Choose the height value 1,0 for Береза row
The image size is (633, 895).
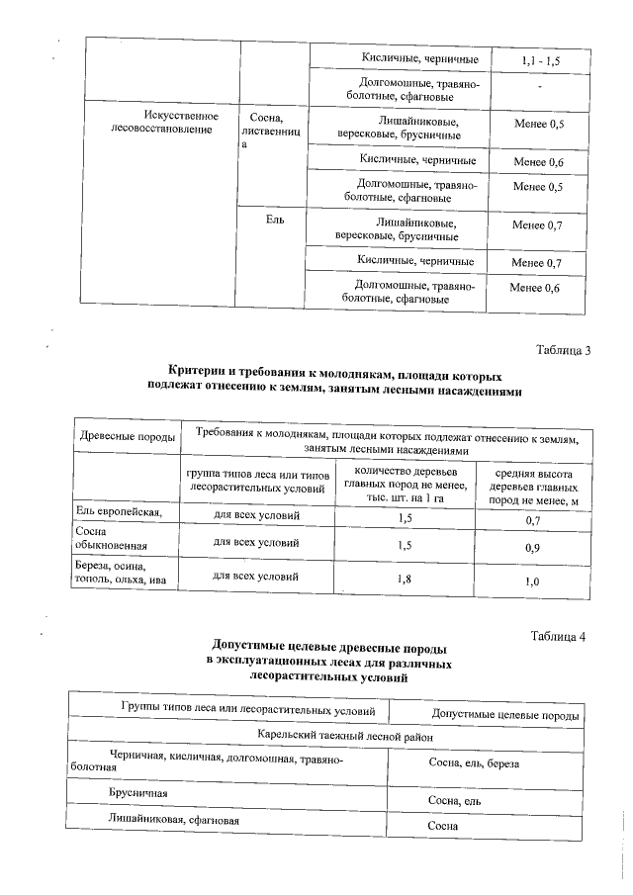click(x=533, y=582)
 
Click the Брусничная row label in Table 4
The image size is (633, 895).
click(x=137, y=793)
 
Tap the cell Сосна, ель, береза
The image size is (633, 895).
click(x=474, y=764)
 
